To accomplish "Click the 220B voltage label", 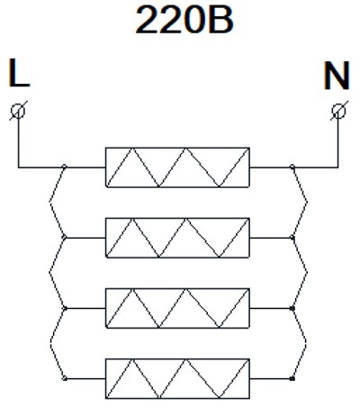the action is (184, 21).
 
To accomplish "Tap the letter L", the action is (19, 73).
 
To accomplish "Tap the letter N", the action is (337, 76).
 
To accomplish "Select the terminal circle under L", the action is (18, 111).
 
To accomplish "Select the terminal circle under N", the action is (338, 111).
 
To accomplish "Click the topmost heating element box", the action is (177, 167).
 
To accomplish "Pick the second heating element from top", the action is (177, 238).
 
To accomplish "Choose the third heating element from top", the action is (177, 308).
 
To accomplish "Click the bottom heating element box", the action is (177, 379).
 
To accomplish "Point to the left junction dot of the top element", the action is (64, 167).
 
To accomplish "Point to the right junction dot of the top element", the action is (292, 167).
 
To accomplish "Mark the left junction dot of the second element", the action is (64, 238).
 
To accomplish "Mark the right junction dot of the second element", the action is (292, 238).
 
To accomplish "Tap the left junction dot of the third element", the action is (64, 308).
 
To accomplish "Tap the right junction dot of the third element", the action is (292, 308).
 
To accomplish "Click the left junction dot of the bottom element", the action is (64, 378).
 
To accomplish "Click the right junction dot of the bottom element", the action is (292, 378).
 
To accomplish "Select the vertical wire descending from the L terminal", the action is (18, 142).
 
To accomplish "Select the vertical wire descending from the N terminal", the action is (338, 142).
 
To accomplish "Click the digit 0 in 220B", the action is (196, 21).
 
